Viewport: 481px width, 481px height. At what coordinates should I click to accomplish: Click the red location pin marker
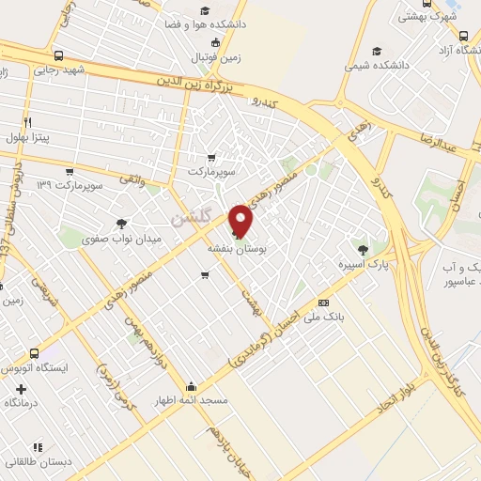pyautogui.click(x=241, y=220)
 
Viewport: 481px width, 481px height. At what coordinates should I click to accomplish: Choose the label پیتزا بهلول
pyautogui.click(x=35, y=137)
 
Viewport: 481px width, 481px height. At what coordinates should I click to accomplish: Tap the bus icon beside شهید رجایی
pyautogui.click(x=59, y=54)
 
